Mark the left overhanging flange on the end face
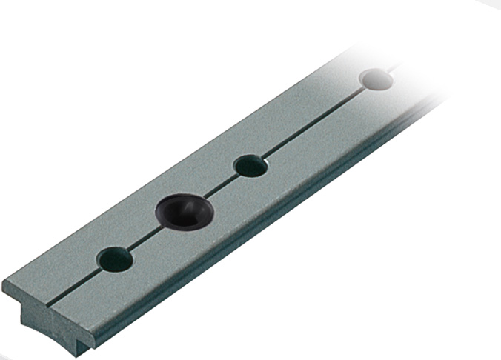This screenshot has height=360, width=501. [15, 293]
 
